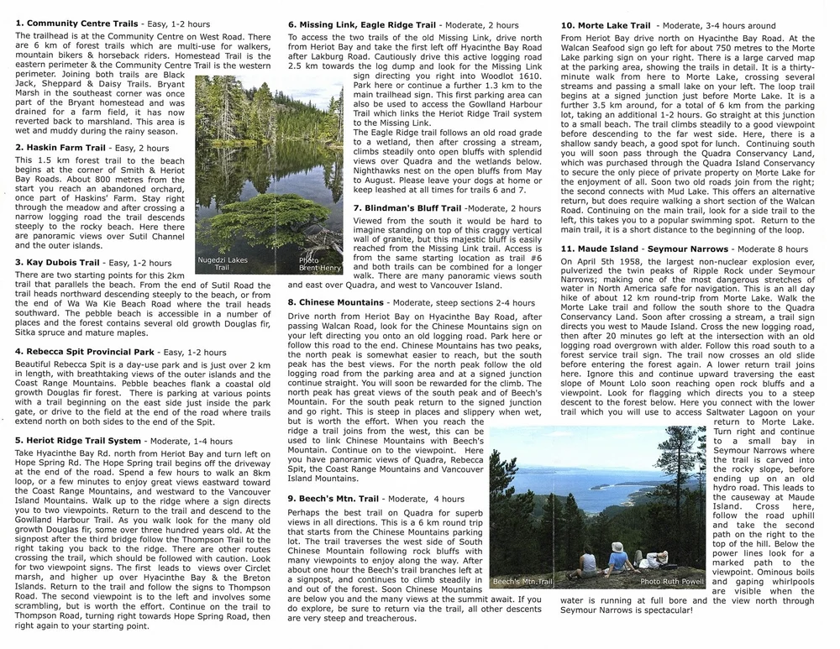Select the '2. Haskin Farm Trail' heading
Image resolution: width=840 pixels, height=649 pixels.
click(x=60, y=148)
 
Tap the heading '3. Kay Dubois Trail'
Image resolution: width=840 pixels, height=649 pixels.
click(x=59, y=262)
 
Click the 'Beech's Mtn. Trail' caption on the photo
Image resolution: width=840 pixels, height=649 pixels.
click(x=523, y=581)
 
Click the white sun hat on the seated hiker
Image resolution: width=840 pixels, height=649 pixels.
click(x=640, y=546)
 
